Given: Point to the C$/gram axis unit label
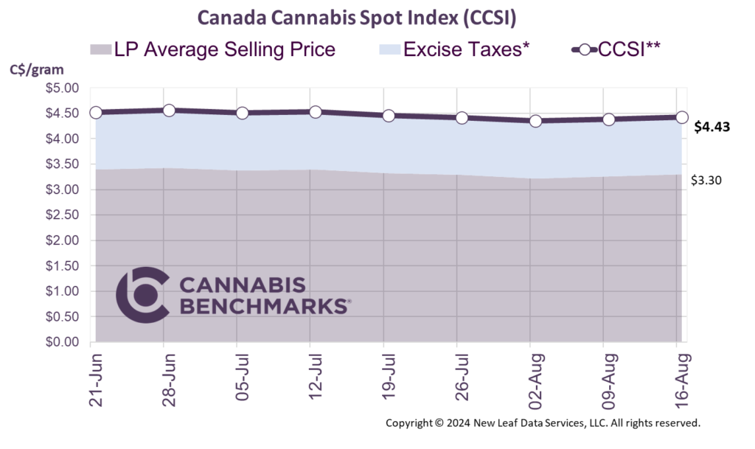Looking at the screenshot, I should point(36,71).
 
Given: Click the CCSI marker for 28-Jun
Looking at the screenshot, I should point(169,111).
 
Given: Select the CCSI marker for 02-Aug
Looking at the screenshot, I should point(535,120).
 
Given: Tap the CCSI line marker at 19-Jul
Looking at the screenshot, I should point(389,116).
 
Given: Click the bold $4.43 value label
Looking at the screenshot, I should point(712,127).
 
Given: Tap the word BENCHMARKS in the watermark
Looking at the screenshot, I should point(264,306).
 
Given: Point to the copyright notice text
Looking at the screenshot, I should point(543,424).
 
